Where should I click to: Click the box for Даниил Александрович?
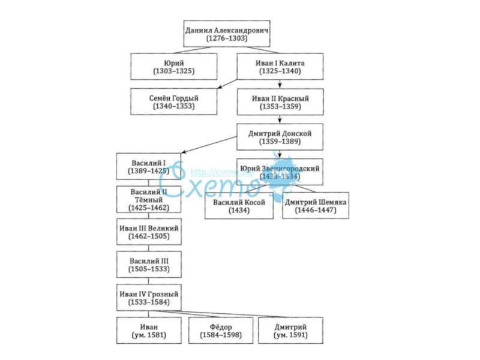[227, 34]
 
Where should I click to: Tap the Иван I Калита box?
[280, 67]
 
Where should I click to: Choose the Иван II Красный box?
[280, 101]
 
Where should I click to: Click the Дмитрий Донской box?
[280, 137]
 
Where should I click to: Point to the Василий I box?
[148, 166]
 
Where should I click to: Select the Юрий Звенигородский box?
[280, 172]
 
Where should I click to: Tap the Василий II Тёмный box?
[148, 199]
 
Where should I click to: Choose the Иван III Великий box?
[148, 232]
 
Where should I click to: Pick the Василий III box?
[148, 265]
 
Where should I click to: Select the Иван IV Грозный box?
[148, 298]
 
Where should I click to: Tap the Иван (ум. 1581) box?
[149, 330]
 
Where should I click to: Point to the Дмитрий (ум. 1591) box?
[290, 330]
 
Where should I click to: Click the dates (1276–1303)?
[227, 38]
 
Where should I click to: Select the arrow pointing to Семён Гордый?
[227, 84]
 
